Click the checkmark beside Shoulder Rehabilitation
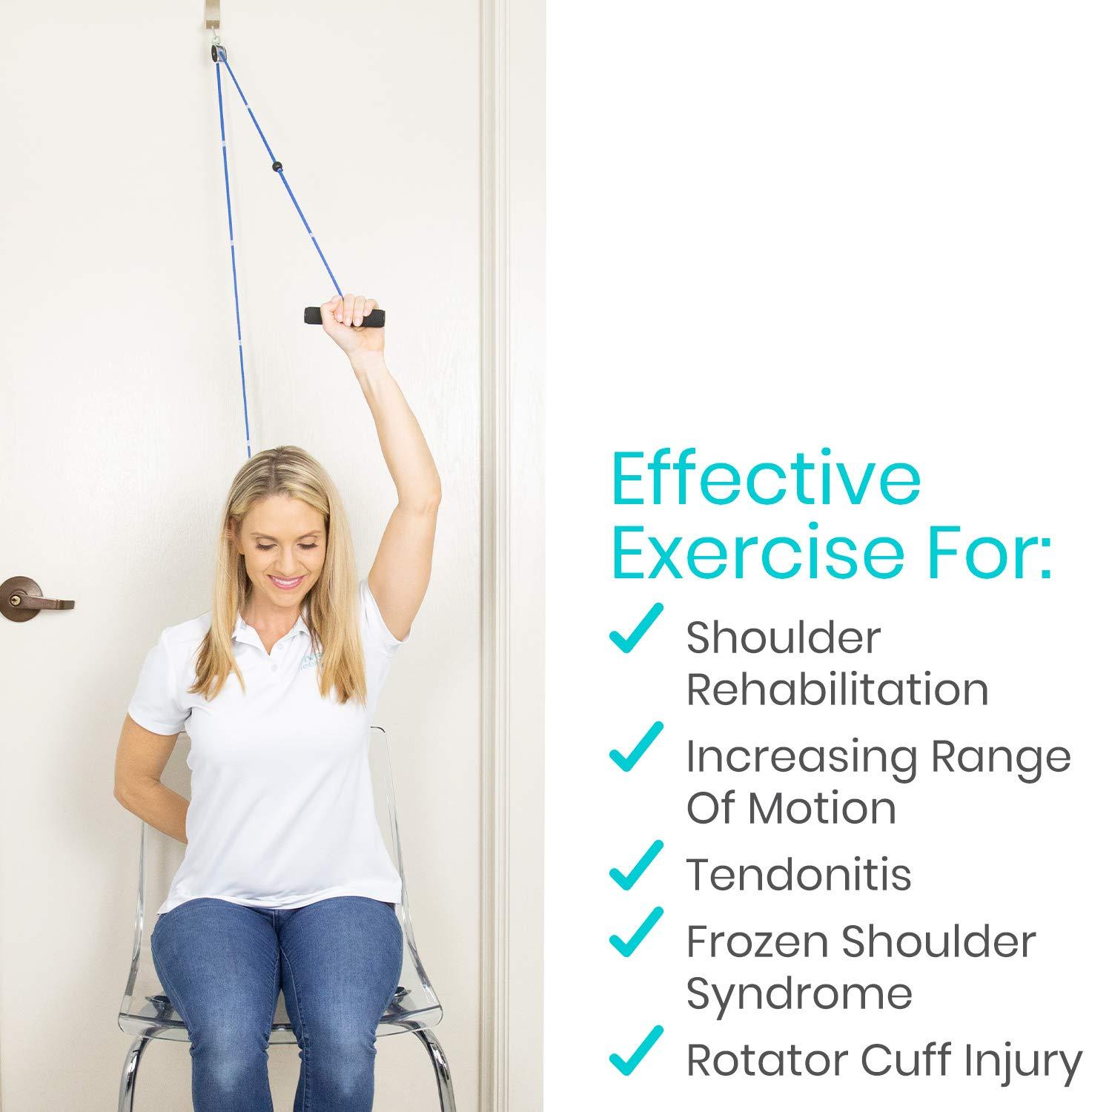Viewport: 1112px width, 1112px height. click(x=635, y=629)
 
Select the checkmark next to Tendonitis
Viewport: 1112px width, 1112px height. click(x=635, y=865)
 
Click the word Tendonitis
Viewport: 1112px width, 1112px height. click(x=798, y=875)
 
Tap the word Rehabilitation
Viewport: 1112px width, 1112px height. click(x=837, y=689)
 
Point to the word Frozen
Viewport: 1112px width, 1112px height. click(x=757, y=941)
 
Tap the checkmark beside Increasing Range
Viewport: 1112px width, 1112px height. click(x=635, y=747)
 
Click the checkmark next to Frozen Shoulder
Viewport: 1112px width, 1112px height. click(x=635, y=932)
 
